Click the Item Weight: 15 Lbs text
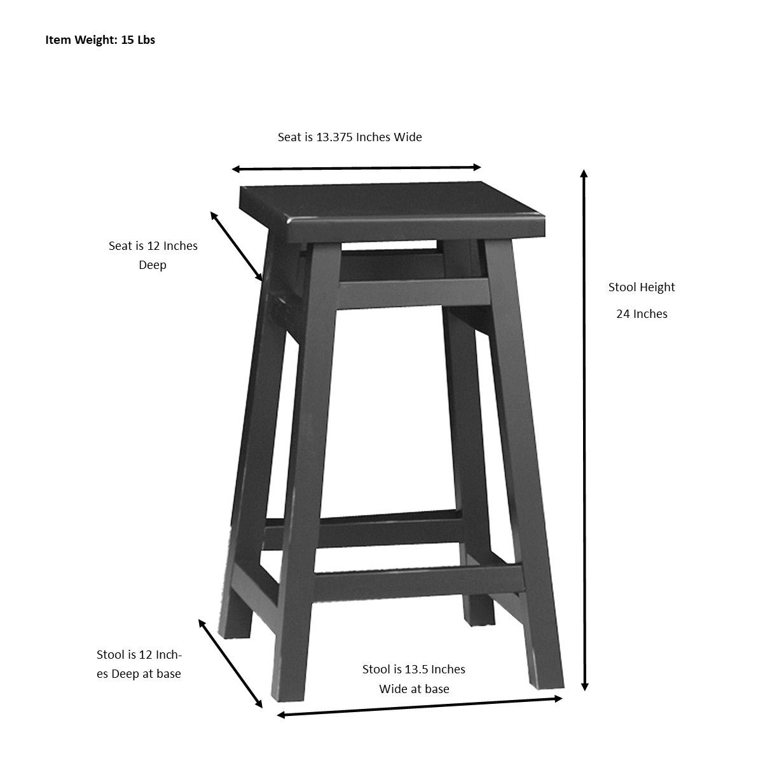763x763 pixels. tap(100, 39)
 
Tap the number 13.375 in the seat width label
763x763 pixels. tap(334, 137)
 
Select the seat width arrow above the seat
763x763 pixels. tap(356, 168)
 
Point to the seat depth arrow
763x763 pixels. tap(236, 246)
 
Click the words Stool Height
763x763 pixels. tap(642, 287)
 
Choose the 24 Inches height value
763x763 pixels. tap(642, 314)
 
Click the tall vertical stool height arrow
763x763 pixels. tap(584, 430)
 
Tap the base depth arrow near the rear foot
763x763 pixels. tap(230, 663)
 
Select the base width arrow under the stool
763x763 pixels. tap(420, 706)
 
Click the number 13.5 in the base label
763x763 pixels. tap(414, 669)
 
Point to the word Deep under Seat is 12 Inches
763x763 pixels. tap(153, 265)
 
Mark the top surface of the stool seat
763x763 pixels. tap(392, 200)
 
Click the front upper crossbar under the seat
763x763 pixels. tap(414, 294)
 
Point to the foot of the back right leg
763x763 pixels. tap(479, 615)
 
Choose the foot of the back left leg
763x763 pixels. tap(235, 626)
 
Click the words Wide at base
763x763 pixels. tap(414, 689)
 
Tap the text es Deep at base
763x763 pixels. tap(139, 674)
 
